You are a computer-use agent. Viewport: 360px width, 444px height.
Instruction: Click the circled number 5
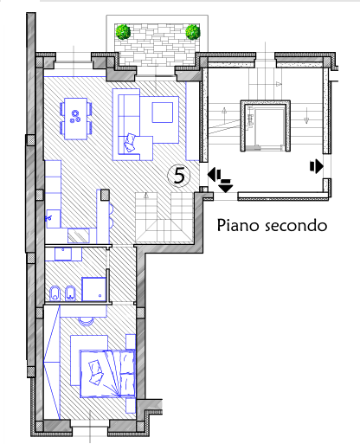[179, 175]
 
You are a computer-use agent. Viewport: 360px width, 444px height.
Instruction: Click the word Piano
[237, 225]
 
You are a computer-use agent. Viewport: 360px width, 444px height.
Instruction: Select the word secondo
[296, 226]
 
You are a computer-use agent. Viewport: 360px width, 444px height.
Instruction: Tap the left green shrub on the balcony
[123, 32]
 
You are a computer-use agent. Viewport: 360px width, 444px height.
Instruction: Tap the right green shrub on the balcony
[192, 32]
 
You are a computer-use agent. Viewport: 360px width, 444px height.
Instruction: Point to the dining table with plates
[76, 119]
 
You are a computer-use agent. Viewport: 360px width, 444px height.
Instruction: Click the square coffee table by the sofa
[163, 113]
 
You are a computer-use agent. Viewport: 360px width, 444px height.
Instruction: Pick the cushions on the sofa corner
[130, 143]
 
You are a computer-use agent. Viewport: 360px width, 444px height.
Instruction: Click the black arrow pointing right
[317, 166]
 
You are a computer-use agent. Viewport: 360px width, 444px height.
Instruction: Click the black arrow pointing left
[214, 176]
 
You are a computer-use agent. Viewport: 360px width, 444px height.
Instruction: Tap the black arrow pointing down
[225, 186]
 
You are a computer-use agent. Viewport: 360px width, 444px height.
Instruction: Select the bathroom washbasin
[63, 254]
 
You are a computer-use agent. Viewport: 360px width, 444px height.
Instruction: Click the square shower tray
[93, 289]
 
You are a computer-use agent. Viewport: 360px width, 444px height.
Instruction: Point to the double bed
[107, 374]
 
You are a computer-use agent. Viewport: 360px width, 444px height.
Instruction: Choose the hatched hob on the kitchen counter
[79, 235]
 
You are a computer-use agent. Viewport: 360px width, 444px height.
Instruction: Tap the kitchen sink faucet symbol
[48, 218]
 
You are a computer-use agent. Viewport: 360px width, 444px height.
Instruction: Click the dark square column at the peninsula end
[105, 195]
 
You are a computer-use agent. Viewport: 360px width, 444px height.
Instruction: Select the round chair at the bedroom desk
[87, 321]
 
